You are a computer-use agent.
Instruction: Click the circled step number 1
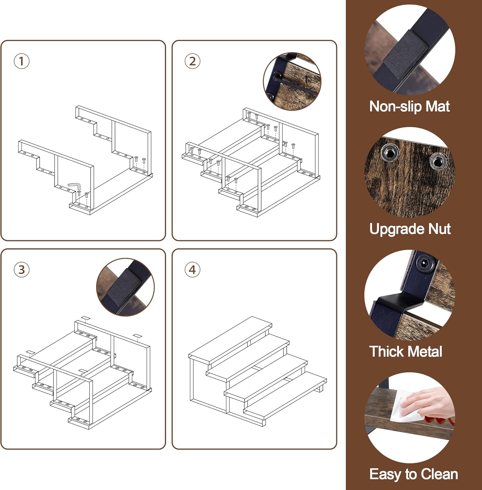pos(22,61)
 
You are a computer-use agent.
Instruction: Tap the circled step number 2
pos(193,61)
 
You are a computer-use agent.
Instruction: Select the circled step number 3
pos(22,270)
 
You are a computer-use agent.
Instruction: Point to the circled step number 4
pos(193,270)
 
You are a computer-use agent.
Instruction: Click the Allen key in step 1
pos(75,186)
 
